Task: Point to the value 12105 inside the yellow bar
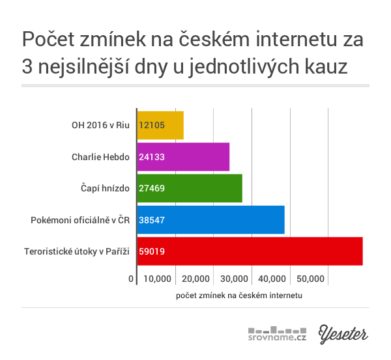[152, 125]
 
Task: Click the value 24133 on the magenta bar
[152, 157]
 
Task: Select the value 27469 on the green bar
[152, 188]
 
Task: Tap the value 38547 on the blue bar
[152, 220]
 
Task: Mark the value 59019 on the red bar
[152, 251]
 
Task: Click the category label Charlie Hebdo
[101, 157]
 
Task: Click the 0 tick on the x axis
[131, 279]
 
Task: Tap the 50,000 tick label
[311, 279]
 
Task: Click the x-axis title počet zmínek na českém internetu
[239, 295]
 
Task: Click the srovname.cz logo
[277, 333]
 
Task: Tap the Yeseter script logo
[343, 333]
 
